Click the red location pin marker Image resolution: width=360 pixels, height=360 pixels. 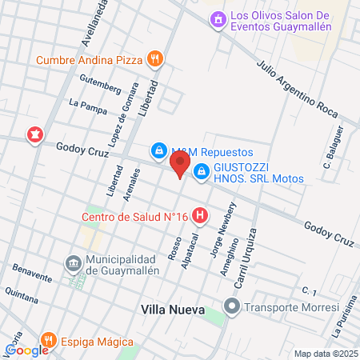pos(180,166)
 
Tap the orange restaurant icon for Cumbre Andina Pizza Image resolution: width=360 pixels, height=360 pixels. pos(156,58)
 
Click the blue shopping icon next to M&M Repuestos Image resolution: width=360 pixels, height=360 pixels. pos(159,151)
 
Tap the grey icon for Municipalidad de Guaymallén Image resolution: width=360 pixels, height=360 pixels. pos(74,263)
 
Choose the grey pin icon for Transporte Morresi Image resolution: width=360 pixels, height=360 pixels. pos(232,306)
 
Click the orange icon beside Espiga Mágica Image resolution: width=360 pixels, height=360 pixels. pos(49,341)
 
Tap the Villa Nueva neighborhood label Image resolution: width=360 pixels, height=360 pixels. pos(172,309)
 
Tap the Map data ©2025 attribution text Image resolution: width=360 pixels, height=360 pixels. pos(325,354)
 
